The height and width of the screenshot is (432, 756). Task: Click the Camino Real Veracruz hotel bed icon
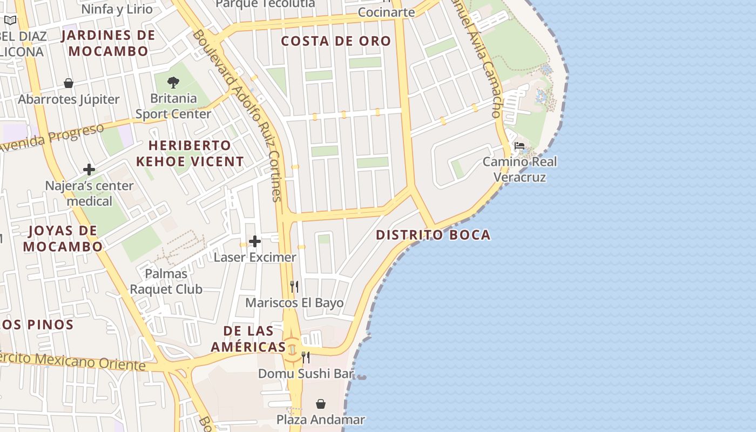tap(519, 146)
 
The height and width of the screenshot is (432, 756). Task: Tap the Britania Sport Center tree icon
tap(173, 83)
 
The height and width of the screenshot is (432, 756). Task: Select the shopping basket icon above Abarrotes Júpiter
tap(69, 83)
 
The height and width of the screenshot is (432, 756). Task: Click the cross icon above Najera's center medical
tap(89, 170)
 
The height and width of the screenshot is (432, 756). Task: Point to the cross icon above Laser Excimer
tap(255, 241)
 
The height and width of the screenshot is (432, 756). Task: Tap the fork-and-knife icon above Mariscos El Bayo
tap(294, 287)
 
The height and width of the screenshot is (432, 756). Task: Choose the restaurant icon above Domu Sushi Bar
tap(306, 357)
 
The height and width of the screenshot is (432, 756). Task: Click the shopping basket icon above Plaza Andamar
tap(321, 404)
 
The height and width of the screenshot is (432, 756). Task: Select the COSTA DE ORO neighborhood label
tap(336, 41)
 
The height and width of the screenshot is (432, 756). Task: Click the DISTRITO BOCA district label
tap(433, 235)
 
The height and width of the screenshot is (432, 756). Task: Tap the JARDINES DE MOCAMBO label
tap(108, 43)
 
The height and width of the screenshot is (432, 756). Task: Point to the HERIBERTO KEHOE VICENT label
tap(190, 153)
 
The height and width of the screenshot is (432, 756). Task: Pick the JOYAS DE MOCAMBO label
tap(63, 239)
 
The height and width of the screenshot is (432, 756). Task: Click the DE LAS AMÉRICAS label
tap(248, 339)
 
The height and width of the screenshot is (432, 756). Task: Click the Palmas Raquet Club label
tap(166, 281)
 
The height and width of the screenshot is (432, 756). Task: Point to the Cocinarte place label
tap(386, 12)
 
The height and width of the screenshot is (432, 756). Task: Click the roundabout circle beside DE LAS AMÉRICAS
tap(292, 349)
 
